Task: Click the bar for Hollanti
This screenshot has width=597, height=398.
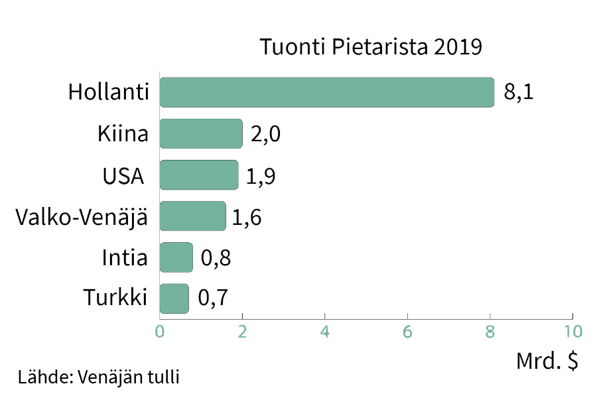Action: pos(327,92)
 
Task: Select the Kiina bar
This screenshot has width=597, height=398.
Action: pos(201,134)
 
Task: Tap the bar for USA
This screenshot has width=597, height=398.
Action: pos(199,175)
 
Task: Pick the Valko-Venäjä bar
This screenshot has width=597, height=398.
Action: pos(193,216)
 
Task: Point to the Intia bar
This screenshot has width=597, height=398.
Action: pos(176,257)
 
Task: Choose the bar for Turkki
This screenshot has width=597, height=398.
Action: pos(174,298)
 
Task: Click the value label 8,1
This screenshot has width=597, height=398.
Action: pos(519,92)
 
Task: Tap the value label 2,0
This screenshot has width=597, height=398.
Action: pos(266,134)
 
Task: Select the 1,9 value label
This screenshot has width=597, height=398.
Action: pos(261,176)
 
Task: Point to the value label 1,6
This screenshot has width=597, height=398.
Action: pos(247,217)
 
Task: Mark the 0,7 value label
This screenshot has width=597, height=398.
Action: pos(213,298)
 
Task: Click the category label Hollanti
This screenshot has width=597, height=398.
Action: pos(107,92)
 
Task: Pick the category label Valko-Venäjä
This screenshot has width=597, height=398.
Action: pos(81,216)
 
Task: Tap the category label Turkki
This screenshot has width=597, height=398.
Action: pos(115,298)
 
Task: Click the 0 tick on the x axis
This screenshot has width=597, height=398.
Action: pos(160,331)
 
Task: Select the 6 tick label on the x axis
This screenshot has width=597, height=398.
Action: pos(407,331)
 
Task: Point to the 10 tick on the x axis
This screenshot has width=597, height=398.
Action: pos(572,331)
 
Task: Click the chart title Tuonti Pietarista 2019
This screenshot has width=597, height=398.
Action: pos(369,48)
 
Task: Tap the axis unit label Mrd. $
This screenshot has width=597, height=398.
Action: pos(547,362)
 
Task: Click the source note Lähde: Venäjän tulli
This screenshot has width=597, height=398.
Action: pos(99,377)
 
